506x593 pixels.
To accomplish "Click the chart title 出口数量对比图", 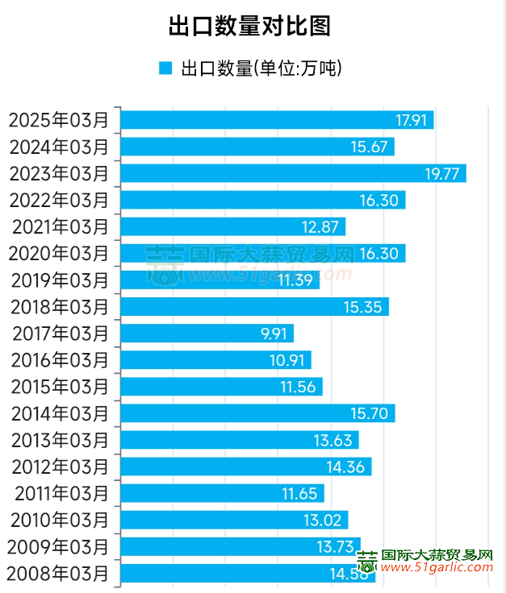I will click(249, 26).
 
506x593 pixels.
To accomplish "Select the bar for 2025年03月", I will click(276, 120).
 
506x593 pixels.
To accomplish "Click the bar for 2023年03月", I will click(292, 173).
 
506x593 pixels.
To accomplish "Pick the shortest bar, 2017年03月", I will click(206, 334).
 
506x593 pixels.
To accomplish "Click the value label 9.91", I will click(271, 334).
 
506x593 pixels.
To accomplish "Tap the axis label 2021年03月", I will click(58, 226).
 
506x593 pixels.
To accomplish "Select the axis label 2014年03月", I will click(58, 413).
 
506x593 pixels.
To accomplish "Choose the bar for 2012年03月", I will click(245, 467).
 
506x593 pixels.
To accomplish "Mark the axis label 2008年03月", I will click(58, 574).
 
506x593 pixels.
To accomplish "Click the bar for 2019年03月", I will click(220, 280).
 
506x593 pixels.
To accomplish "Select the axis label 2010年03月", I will click(58, 520).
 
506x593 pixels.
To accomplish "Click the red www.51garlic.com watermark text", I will click(437, 569).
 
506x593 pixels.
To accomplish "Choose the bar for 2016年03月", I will click(215, 360).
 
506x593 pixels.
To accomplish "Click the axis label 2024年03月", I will click(58, 147).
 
